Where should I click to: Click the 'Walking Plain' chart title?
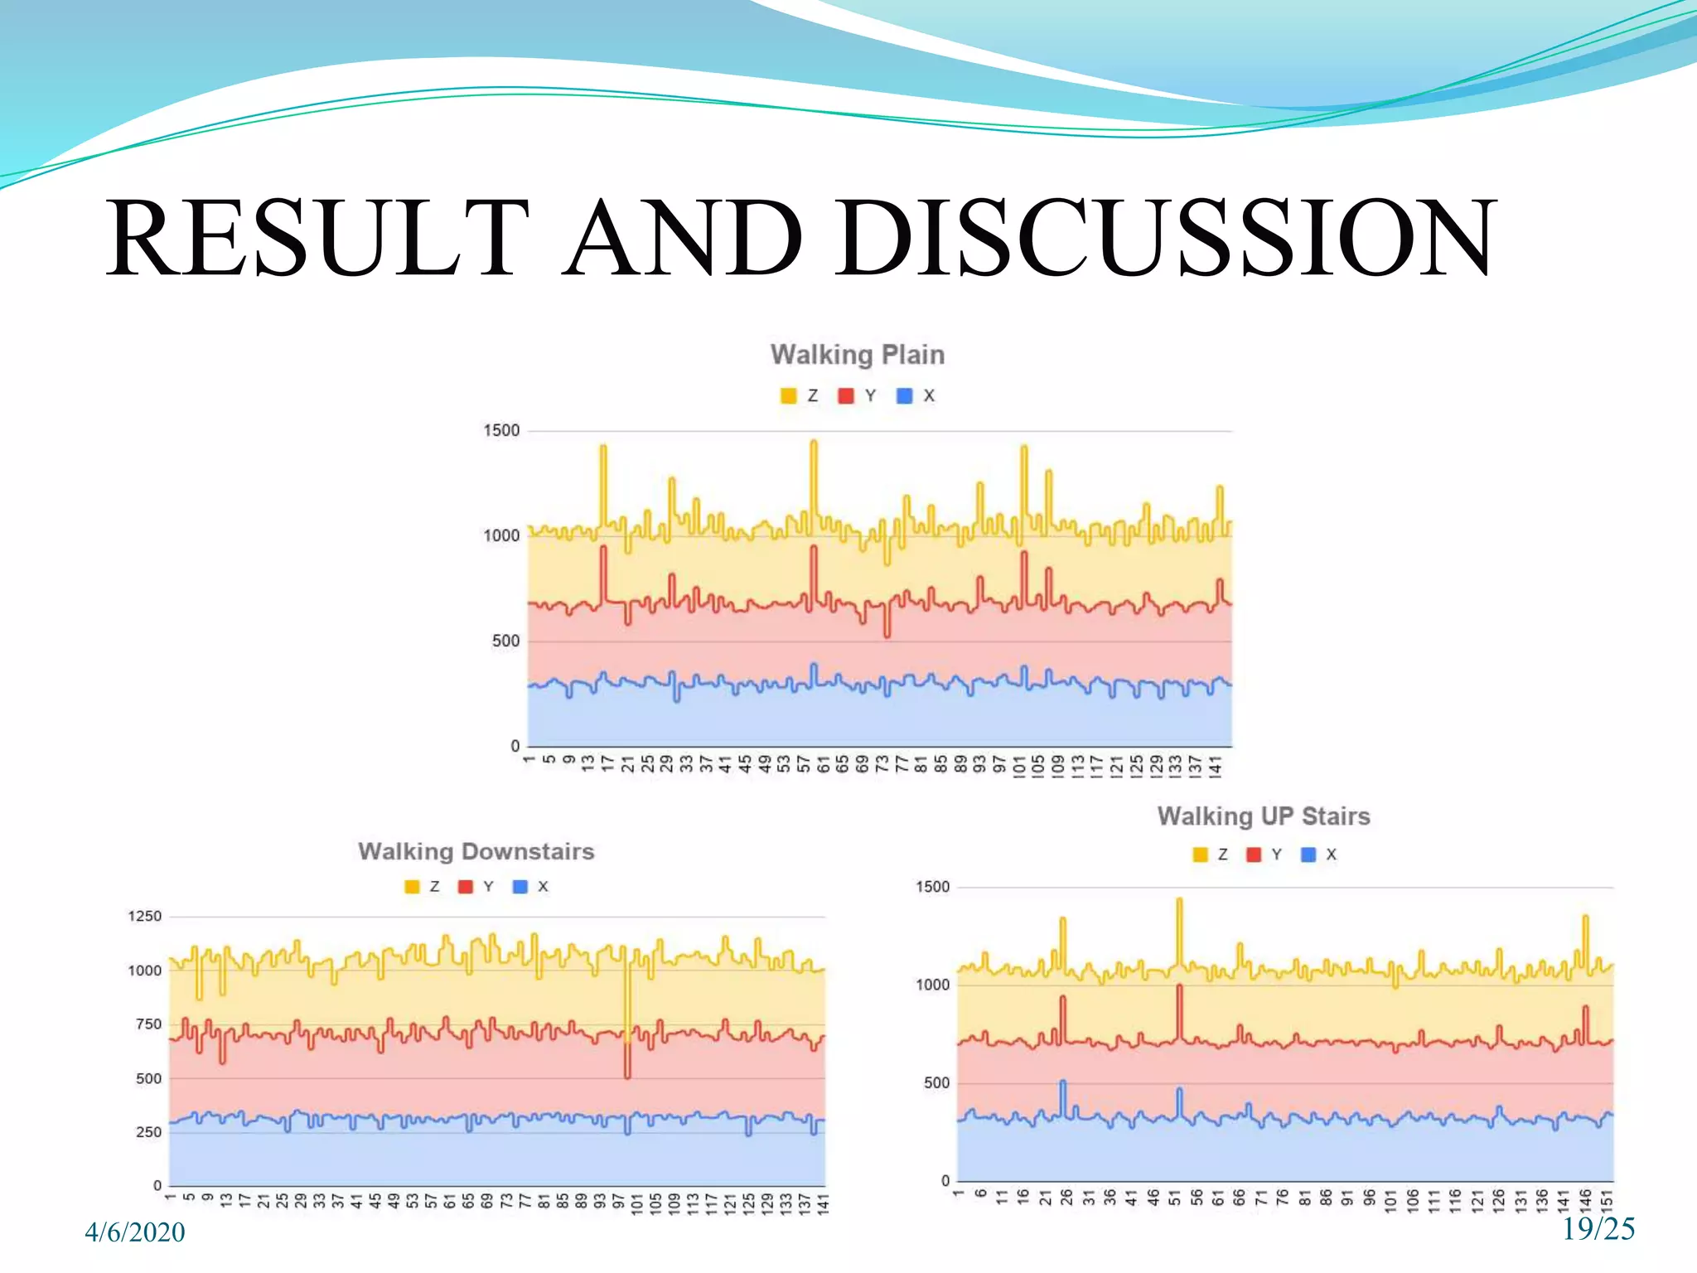click(857, 355)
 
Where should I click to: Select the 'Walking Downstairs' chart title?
click(476, 851)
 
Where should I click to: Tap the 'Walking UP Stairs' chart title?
click(1264, 816)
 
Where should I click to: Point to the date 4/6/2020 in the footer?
click(135, 1232)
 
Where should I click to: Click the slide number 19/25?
click(1598, 1229)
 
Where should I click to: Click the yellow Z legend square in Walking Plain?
click(788, 396)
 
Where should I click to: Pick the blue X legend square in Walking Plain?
click(905, 396)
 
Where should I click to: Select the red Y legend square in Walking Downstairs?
click(466, 887)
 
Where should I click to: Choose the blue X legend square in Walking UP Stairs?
click(1308, 854)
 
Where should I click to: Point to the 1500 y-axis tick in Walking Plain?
click(501, 430)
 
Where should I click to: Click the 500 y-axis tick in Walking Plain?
click(505, 641)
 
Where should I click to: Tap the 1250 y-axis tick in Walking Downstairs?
click(144, 916)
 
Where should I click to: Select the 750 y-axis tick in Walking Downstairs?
click(148, 1024)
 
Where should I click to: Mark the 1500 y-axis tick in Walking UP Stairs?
click(932, 887)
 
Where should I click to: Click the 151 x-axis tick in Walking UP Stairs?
click(1607, 1200)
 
